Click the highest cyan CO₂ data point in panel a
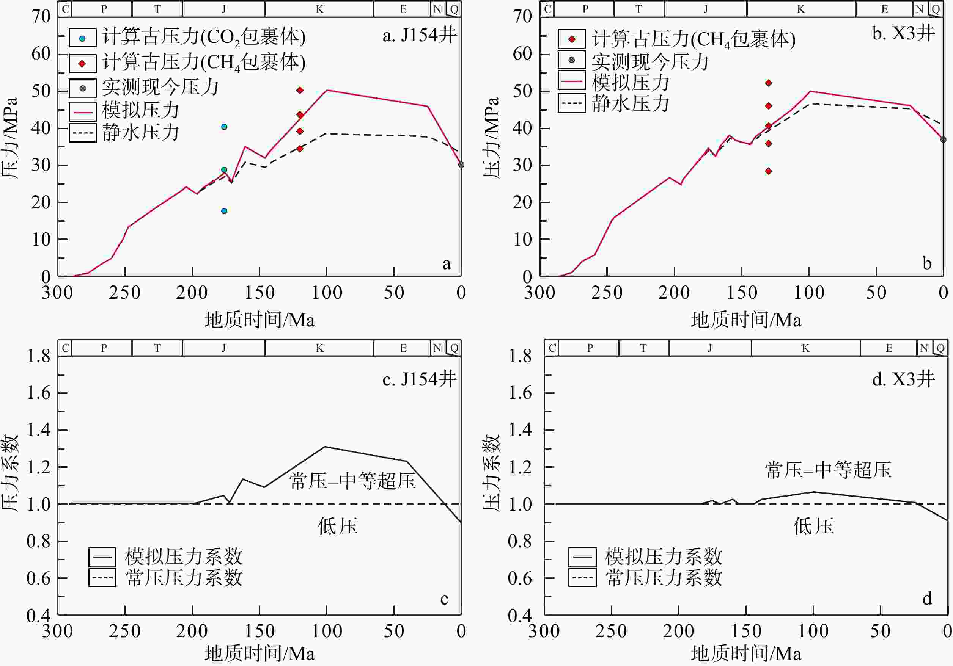(x=224, y=127)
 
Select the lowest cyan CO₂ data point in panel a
(x=224, y=211)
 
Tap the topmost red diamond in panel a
(x=300, y=90)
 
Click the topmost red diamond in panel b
(x=769, y=83)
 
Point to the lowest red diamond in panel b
(x=769, y=171)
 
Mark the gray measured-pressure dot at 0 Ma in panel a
(x=461, y=165)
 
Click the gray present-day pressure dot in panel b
(x=944, y=140)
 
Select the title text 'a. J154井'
(x=419, y=36)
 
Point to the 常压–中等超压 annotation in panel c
(x=352, y=481)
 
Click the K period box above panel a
(x=319, y=9)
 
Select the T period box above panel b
(x=639, y=9)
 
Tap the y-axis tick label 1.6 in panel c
(x=39, y=393)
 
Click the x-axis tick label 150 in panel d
(x=746, y=631)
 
